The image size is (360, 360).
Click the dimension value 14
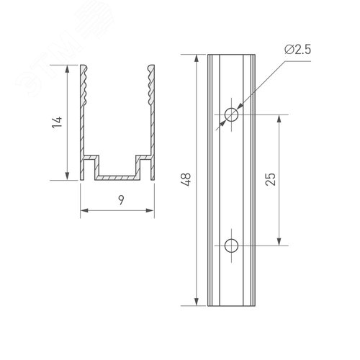pos(58,123)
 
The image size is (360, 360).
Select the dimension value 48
pos(187,180)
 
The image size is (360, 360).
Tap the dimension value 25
pos(270,180)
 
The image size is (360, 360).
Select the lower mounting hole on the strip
pos(231,245)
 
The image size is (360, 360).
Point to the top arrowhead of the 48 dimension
pos(195,58)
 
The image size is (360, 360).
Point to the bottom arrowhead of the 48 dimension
pos(195,302)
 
